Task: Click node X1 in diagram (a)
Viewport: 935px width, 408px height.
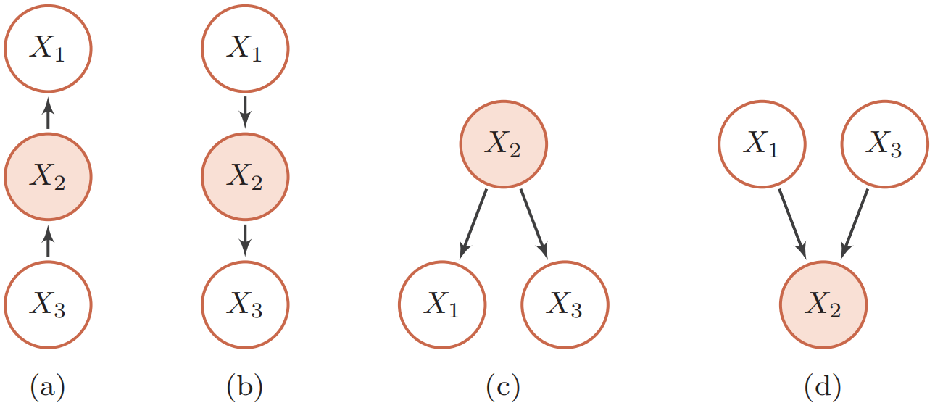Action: [48, 49]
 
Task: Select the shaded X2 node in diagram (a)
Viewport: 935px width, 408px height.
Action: [48, 177]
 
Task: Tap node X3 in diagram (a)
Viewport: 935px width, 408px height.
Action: [48, 304]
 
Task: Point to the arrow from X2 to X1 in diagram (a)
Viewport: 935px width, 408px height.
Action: [48, 113]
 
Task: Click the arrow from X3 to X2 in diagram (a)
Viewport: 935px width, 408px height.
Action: [48, 241]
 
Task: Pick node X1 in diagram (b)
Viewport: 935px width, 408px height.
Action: [245, 49]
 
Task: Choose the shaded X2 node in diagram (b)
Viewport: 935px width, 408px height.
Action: [245, 177]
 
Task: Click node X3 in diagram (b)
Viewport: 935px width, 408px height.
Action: [245, 304]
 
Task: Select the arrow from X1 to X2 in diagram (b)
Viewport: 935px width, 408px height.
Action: [245, 112]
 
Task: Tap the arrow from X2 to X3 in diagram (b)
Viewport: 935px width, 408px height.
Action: [245, 241]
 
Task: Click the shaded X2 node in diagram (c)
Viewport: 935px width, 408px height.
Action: [504, 144]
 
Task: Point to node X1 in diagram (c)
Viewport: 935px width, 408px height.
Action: [442, 304]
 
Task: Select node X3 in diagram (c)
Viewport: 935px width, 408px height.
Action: [565, 304]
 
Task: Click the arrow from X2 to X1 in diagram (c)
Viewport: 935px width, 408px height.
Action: [473, 225]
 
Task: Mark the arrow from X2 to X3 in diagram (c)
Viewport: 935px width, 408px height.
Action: [534, 225]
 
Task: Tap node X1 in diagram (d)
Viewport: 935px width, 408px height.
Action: [762, 144]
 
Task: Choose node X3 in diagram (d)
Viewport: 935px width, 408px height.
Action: [884, 144]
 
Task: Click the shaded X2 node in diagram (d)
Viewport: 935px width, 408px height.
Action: [823, 304]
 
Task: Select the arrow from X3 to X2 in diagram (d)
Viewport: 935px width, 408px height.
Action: [854, 225]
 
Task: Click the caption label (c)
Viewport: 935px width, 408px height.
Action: [503, 386]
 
